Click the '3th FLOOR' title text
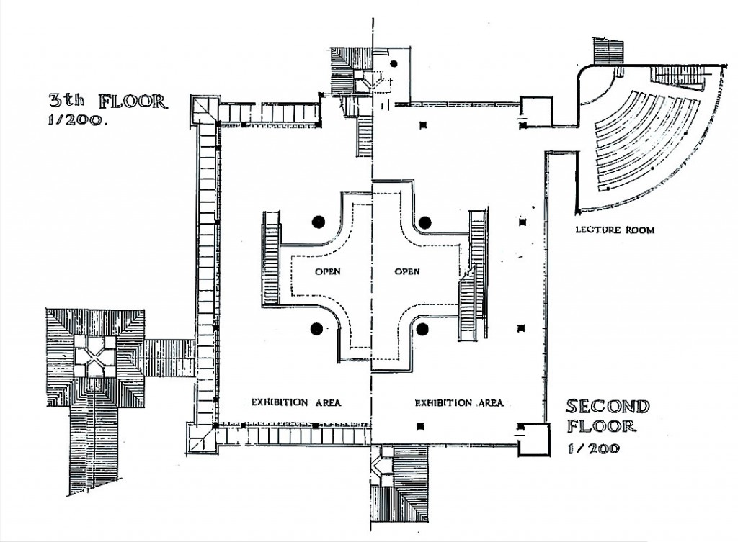tap(108, 101)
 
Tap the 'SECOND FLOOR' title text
tap(608, 415)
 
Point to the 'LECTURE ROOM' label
tap(615, 230)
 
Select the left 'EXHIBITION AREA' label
tap(296, 402)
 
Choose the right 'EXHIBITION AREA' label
tap(459, 403)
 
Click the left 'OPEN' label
tap(328, 271)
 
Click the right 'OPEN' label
tap(407, 271)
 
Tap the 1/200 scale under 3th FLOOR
tap(77, 120)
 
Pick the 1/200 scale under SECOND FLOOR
tap(594, 448)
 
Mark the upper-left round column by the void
tap(319, 222)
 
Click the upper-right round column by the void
tap(425, 222)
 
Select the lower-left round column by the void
tap(317, 329)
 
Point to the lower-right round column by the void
tap(422, 329)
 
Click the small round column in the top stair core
tap(394, 63)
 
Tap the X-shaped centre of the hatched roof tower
tap(95, 356)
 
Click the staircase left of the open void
tap(271, 259)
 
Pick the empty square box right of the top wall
tap(536, 112)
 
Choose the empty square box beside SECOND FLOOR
tap(534, 440)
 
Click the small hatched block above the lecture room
tap(608, 52)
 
